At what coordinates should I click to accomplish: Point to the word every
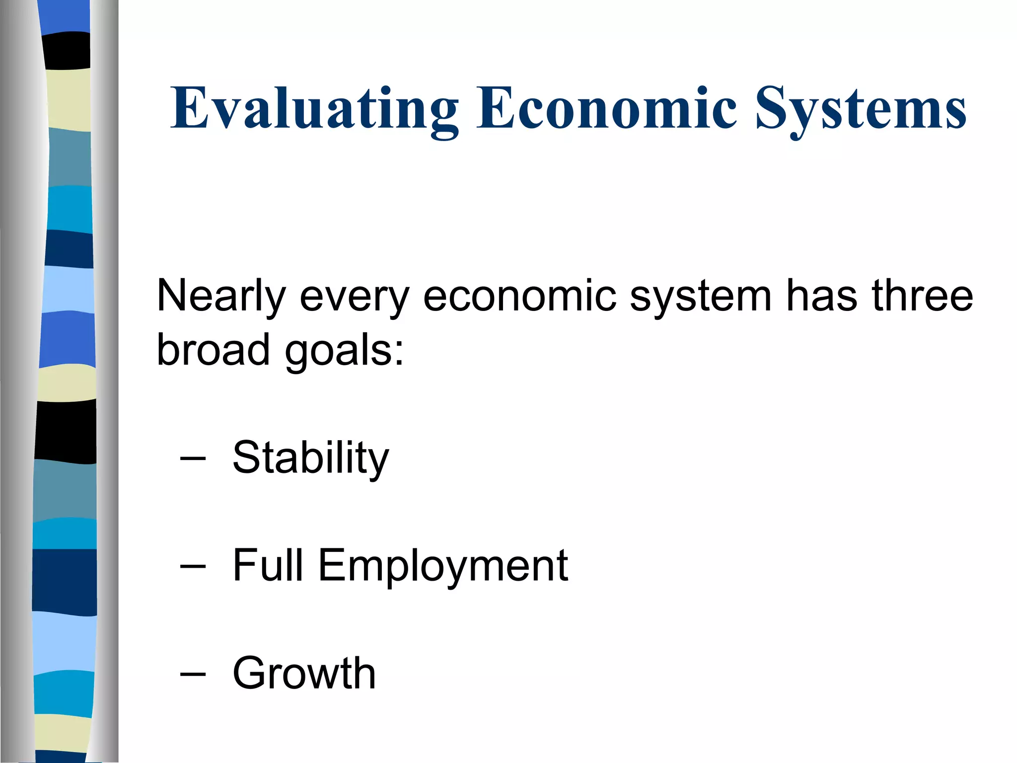point(355,297)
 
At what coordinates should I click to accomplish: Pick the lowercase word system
point(700,297)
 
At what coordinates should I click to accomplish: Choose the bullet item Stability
point(311,458)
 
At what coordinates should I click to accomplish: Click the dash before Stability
point(193,459)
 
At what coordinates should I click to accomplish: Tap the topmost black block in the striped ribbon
point(67,50)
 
